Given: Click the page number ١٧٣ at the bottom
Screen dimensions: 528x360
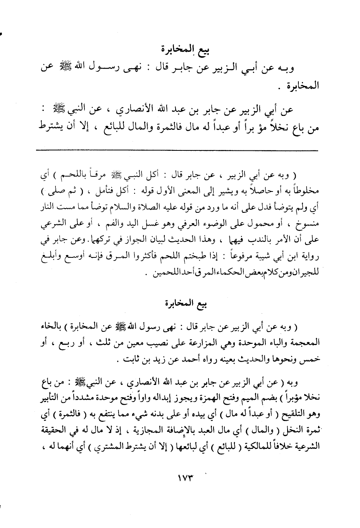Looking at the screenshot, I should (179, 478).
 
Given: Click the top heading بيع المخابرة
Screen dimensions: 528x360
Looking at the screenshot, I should (181, 50).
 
